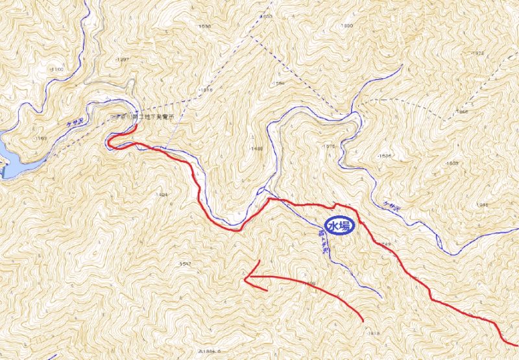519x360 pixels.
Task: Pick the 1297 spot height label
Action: (x=123, y=60)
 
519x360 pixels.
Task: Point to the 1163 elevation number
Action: (x=41, y=139)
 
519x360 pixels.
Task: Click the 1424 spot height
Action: (x=162, y=194)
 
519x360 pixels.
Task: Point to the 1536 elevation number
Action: (x=385, y=156)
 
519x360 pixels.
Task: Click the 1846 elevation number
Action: (x=462, y=112)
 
